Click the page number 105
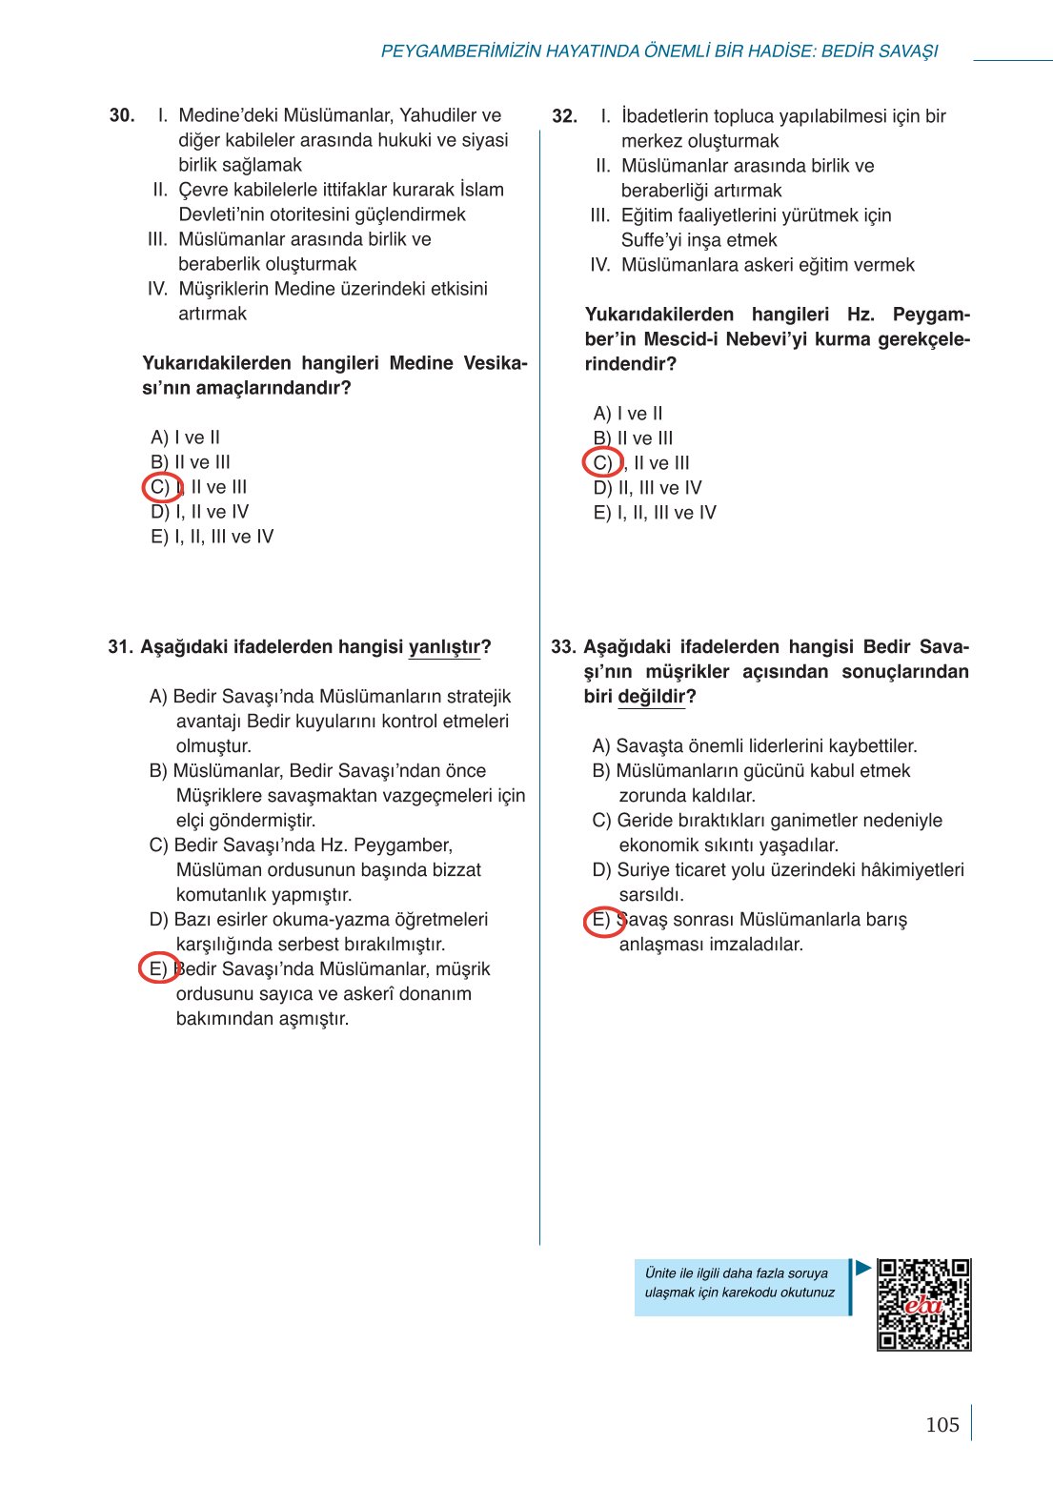point(942,1425)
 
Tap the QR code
point(923,1305)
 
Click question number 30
point(122,115)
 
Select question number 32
point(564,116)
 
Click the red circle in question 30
point(162,487)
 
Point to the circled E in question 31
point(158,968)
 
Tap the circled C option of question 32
point(602,463)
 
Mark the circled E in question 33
point(602,921)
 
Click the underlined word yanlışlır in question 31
point(444,647)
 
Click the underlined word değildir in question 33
point(651,697)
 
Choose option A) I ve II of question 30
point(185,438)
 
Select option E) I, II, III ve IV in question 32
point(654,513)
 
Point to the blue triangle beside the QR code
point(863,1269)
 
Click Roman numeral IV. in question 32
point(599,265)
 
